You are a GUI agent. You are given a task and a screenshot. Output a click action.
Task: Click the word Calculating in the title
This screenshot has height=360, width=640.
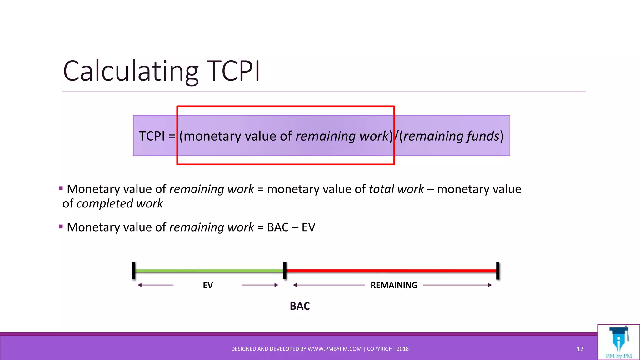pyautogui.click(x=131, y=71)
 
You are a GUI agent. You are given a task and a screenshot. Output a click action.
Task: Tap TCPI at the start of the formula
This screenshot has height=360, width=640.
pyautogui.click(x=152, y=136)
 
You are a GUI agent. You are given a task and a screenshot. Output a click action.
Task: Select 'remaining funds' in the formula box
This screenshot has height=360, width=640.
pyautogui.click(x=451, y=136)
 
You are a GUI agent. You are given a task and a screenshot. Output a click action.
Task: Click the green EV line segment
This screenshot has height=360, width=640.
pyautogui.click(x=209, y=271)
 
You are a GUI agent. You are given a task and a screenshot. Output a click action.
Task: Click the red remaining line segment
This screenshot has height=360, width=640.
pyautogui.click(x=391, y=271)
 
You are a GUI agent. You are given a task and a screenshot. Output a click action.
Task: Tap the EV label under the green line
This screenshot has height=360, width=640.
pyautogui.click(x=208, y=285)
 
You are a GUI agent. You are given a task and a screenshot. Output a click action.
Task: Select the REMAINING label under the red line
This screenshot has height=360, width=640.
pyautogui.click(x=394, y=285)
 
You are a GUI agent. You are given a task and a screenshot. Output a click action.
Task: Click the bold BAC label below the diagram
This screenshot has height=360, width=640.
pyautogui.click(x=300, y=306)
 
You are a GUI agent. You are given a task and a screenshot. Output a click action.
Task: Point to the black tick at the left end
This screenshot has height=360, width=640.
pyautogui.click(x=133, y=271)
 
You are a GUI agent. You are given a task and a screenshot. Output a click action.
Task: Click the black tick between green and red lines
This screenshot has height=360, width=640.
pyautogui.click(x=285, y=271)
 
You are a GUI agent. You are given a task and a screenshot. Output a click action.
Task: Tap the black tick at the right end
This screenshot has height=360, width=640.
pyautogui.click(x=498, y=271)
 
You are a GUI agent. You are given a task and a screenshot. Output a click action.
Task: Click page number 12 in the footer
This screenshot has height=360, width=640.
pyautogui.click(x=580, y=349)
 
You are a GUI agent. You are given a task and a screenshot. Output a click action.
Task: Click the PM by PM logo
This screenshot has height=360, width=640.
pyautogui.click(x=619, y=342)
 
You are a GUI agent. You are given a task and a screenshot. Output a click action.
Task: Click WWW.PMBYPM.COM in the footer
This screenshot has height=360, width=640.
pyautogui.click(x=334, y=349)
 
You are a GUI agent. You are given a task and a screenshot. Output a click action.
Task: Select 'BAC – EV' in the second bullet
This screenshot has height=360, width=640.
pyautogui.click(x=291, y=227)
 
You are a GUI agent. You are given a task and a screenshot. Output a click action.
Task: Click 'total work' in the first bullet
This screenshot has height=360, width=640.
pyautogui.click(x=396, y=189)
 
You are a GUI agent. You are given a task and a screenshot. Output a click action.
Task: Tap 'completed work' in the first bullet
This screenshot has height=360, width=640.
pyautogui.click(x=120, y=204)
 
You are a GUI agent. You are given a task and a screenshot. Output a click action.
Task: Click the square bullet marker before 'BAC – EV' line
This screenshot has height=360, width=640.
pyautogui.click(x=61, y=227)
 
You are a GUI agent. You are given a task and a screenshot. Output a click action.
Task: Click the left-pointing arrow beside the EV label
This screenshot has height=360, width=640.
pyautogui.click(x=155, y=285)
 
